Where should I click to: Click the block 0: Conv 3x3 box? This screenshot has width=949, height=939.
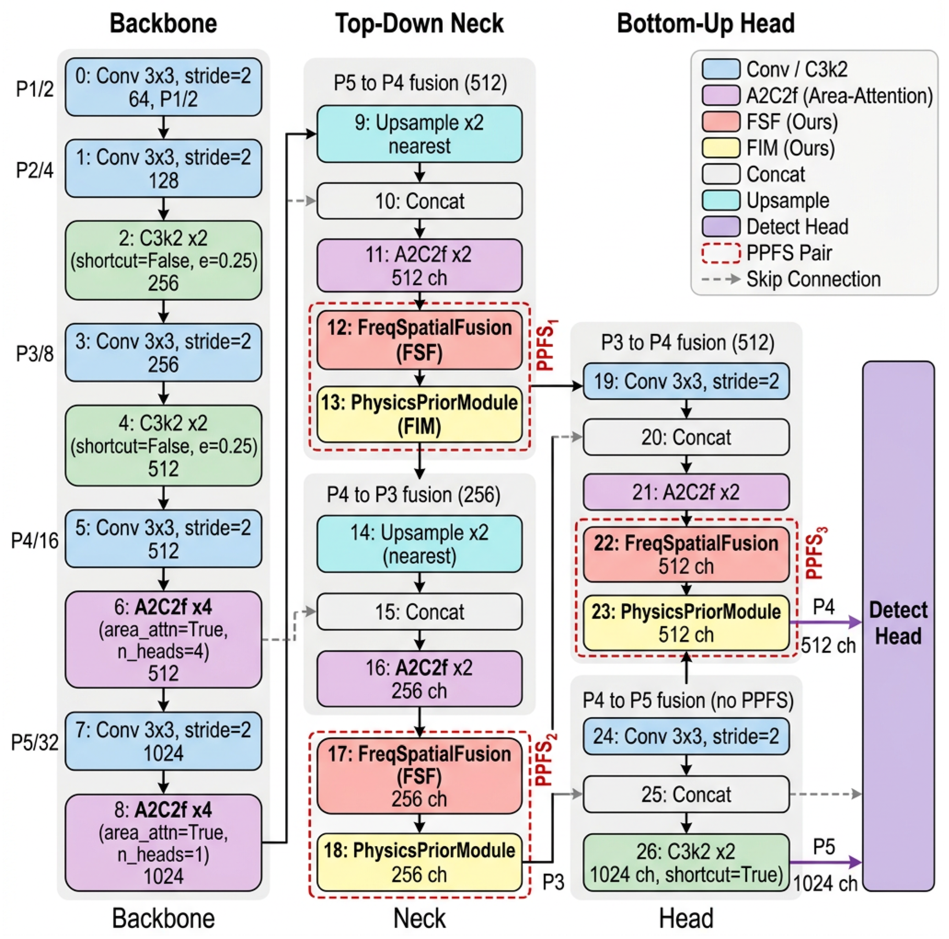(x=164, y=87)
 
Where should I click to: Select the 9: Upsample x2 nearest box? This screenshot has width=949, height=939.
(x=420, y=134)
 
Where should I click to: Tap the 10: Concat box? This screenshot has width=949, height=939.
(x=420, y=201)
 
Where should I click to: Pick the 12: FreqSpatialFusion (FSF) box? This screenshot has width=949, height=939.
(x=420, y=340)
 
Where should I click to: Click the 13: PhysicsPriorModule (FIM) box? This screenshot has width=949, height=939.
(x=420, y=414)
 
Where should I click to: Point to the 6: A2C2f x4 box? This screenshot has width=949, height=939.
(x=164, y=639)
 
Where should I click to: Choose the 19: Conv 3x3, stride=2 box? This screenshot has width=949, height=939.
(x=686, y=381)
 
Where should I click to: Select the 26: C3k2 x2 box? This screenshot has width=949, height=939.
(x=686, y=862)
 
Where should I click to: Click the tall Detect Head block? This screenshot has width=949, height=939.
(x=899, y=626)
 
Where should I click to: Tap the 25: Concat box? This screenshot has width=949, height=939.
(x=686, y=794)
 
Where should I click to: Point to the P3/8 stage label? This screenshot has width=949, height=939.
(x=35, y=353)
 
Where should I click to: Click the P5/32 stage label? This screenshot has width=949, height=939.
(x=35, y=742)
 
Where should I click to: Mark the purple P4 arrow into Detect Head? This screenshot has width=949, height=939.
(x=826, y=622)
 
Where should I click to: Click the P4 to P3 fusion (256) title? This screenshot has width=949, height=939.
(x=413, y=495)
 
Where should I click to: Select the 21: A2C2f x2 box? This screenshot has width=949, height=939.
(x=686, y=492)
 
